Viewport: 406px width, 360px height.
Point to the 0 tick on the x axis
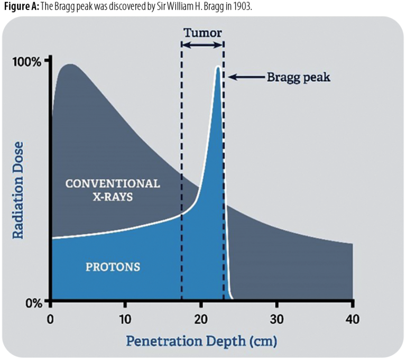click(x=50, y=319)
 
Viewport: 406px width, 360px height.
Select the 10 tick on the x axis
click(x=125, y=319)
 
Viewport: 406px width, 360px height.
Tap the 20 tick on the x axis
click(x=201, y=319)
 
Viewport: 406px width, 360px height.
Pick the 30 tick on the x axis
click(x=276, y=319)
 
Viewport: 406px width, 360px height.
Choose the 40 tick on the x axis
click(x=352, y=319)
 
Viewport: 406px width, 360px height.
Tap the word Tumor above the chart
click(x=202, y=32)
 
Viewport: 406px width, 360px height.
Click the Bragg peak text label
click(x=298, y=77)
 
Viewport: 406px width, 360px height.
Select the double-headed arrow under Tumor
click(x=202, y=46)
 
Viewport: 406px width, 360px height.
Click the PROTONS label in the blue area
click(x=113, y=266)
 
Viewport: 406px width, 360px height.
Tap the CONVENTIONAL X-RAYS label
click(x=112, y=190)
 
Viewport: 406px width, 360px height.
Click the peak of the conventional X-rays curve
click(x=69, y=64)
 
